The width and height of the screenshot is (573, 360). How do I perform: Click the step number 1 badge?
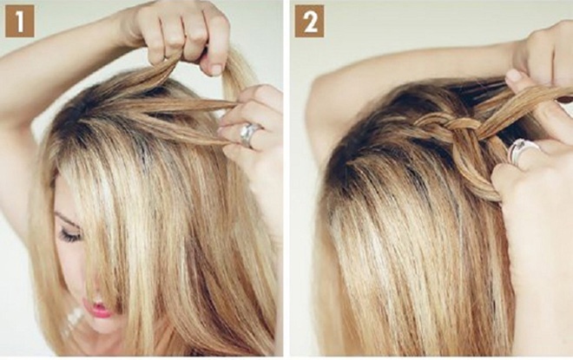coord(20,22)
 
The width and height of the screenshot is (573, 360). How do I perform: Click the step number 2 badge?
coord(310,22)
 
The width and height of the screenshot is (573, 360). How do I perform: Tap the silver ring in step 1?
coord(249,134)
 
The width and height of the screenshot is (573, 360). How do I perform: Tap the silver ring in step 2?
coord(522,151)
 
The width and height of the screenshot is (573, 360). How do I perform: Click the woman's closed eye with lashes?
coord(70,235)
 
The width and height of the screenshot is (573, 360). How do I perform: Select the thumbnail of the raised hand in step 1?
coord(216,69)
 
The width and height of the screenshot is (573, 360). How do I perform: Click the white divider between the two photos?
coord(286,179)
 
